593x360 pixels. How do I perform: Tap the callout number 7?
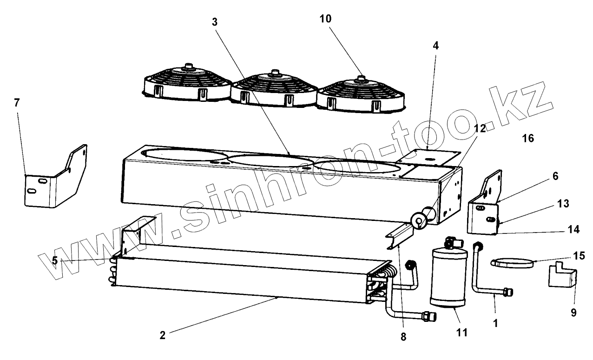click(x=17, y=103)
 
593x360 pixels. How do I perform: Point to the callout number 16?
click(x=527, y=138)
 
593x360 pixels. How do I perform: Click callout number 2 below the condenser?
click(x=162, y=335)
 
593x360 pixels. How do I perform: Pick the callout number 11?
click(x=461, y=333)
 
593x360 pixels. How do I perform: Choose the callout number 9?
click(x=573, y=313)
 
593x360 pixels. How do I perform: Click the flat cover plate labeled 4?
click(x=430, y=159)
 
